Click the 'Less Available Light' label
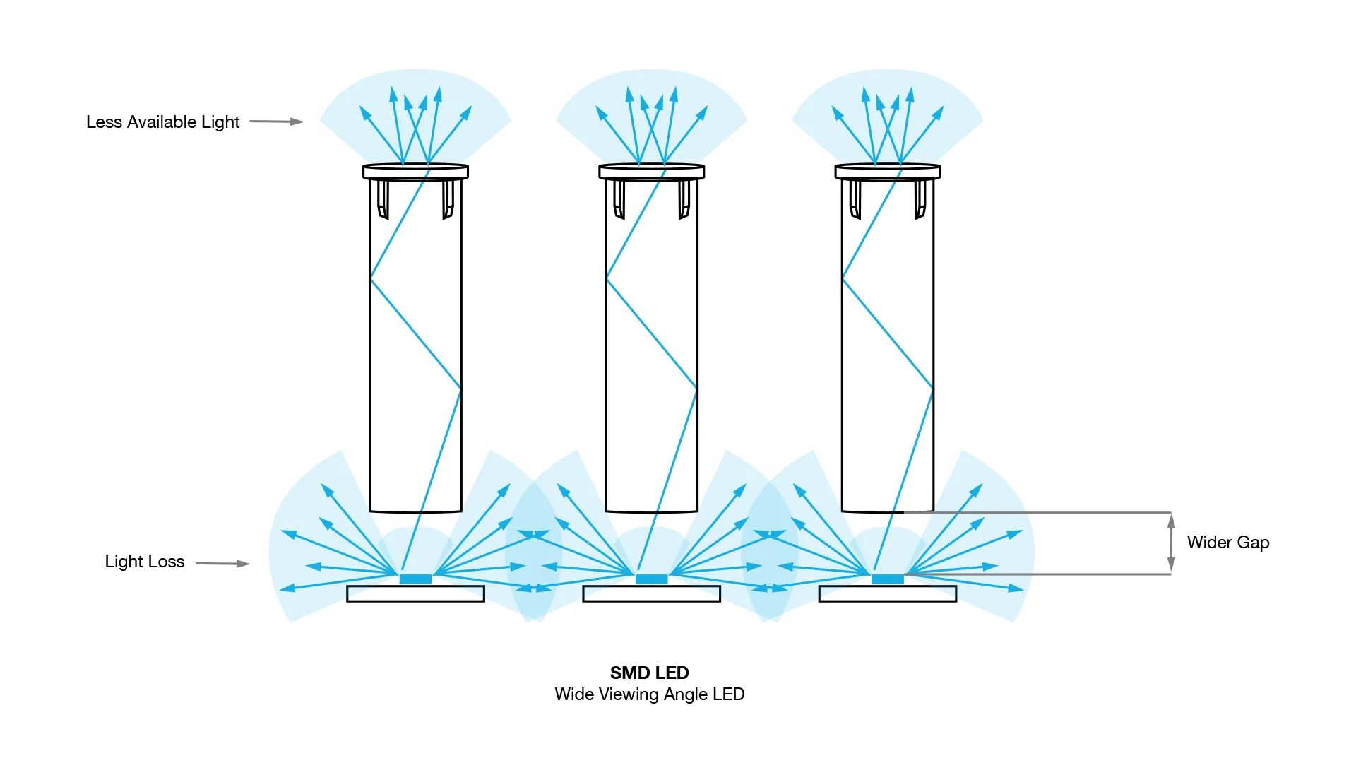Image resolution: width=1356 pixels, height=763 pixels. coord(163,122)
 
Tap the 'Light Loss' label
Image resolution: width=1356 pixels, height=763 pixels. coord(145,562)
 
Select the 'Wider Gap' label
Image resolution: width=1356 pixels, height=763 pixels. coord(1228,543)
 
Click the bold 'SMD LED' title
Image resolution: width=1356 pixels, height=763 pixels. coord(650,673)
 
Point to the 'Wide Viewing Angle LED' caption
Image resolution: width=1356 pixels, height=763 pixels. coord(650,694)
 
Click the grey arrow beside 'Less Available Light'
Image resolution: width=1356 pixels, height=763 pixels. coord(277,122)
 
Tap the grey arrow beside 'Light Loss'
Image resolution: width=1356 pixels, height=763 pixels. coord(223,564)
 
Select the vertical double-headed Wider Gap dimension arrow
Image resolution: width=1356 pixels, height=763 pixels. coord(1171,543)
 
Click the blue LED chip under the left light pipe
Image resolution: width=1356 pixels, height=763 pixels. coord(415,579)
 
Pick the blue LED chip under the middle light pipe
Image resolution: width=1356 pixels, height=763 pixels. coord(651,579)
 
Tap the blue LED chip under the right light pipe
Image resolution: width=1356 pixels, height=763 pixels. coord(888,579)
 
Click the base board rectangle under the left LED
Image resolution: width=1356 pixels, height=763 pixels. coord(415,593)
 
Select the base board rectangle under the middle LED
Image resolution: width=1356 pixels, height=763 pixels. coord(651,593)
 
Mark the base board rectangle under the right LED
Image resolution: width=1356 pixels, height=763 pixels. coord(888,593)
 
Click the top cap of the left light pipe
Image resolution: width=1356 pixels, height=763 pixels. coord(415,172)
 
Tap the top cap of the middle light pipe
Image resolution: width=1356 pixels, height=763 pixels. coord(651,172)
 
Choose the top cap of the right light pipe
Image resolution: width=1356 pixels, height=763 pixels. coord(888,172)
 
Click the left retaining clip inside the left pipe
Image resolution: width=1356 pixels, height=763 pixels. coord(383,200)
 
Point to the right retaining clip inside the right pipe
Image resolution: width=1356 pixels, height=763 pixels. coord(920,200)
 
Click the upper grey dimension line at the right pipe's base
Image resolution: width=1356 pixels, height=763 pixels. coord(1037,512)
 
